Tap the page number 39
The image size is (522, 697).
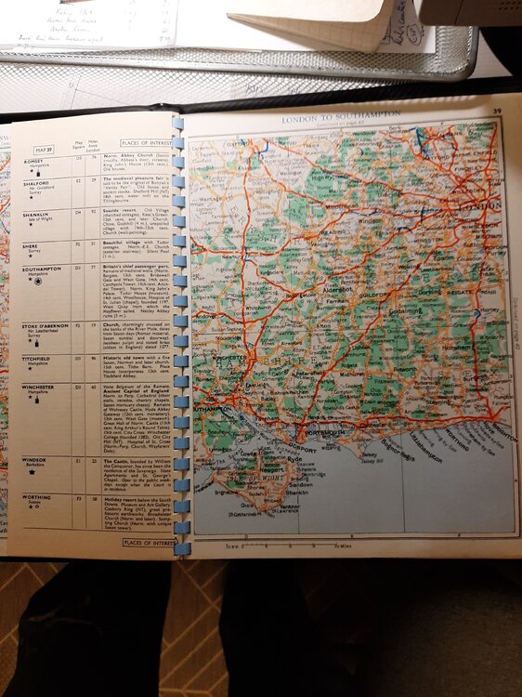click(498, 112)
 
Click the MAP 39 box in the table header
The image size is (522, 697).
click(45, 149)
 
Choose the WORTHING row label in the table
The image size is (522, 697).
click(37, 499)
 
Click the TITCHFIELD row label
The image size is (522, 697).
click(38, 359)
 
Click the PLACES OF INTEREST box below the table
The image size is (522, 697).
click(149, 542)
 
